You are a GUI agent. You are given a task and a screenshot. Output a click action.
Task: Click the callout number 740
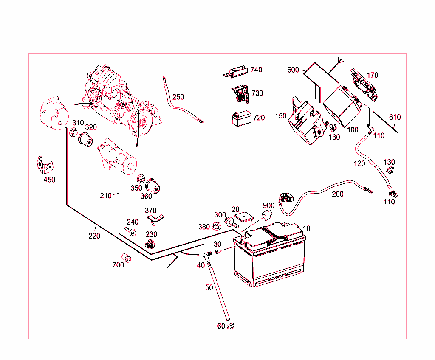(x=256, y=70)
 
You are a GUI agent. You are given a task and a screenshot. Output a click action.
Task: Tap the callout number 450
(x=49, y=180)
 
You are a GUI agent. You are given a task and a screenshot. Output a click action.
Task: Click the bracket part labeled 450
(x=43, y=165)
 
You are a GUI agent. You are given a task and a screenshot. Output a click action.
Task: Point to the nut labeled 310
(x=73, y=134)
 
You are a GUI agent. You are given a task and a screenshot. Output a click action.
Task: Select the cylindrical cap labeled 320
(x=86, y=140)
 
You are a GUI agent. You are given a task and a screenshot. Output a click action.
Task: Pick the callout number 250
(x=178, y=97)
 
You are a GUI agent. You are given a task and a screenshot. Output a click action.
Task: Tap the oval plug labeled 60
(x=231, y=326)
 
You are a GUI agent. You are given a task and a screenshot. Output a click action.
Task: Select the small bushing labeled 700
(x=127, y=258)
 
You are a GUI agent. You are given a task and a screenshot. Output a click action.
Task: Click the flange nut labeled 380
(x=216, y=226)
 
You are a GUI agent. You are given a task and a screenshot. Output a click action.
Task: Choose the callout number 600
(x=293, y=70)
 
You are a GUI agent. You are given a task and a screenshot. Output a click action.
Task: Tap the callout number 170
(x=372, y=76)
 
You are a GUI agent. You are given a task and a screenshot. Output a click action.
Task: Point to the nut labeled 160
(x=332, y=127)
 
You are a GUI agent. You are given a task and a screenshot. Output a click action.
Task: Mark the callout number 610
(x=395, y=117)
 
